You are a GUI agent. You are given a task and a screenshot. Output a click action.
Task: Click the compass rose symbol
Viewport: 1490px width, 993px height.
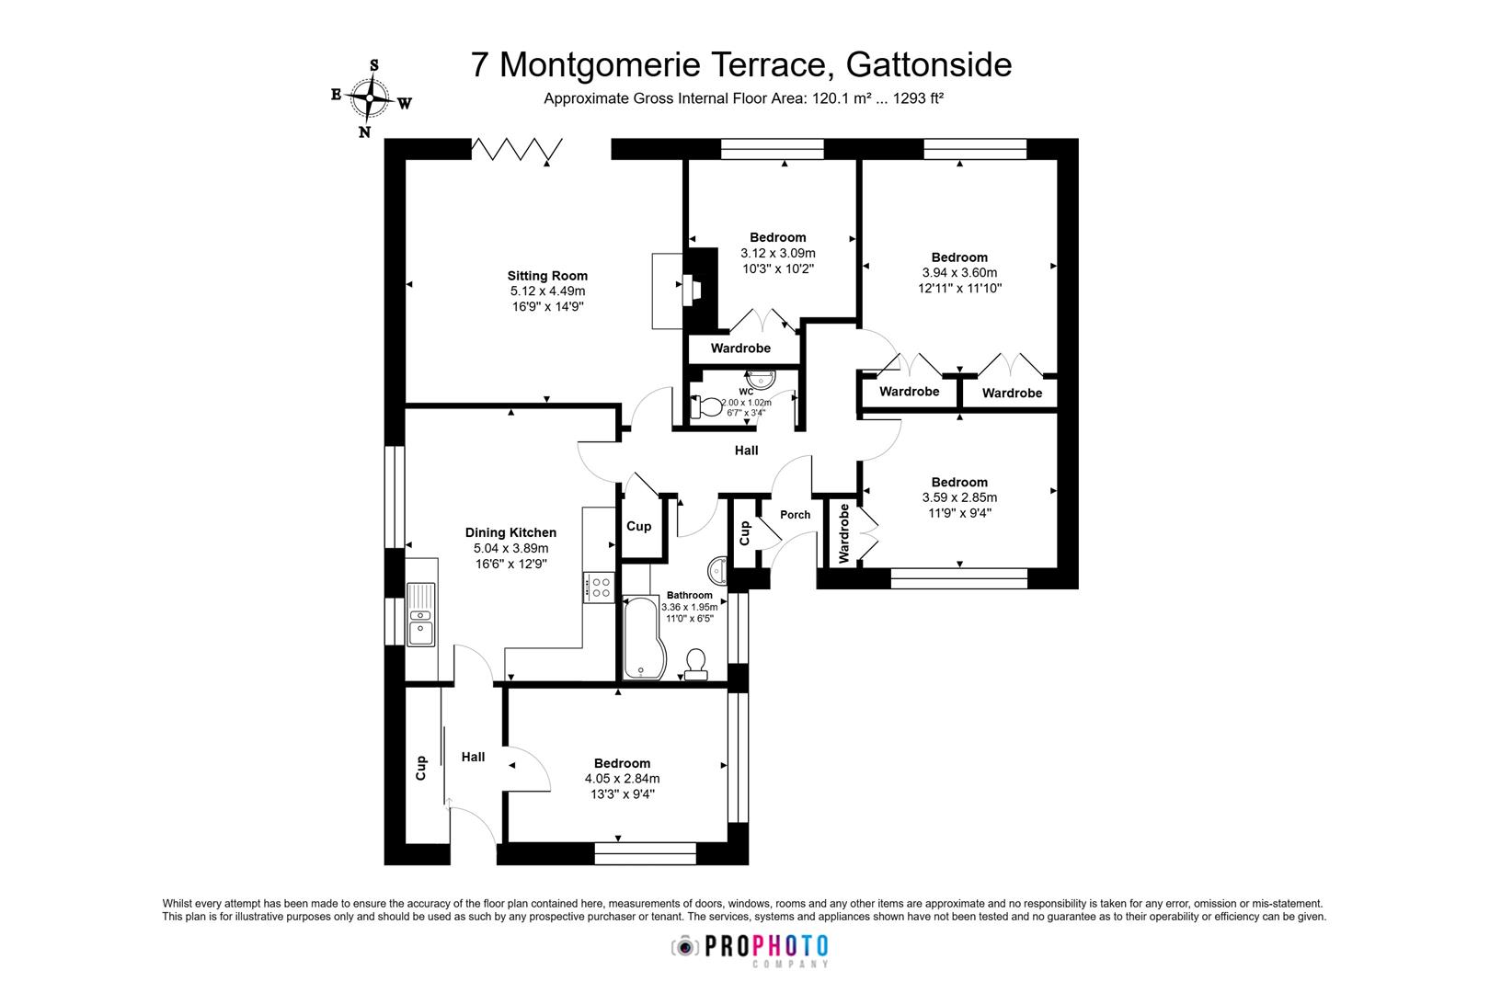[371, 97]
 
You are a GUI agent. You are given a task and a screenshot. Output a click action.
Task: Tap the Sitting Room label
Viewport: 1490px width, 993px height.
[547, 276]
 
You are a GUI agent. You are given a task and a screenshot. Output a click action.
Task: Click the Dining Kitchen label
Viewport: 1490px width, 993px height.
[510, 532]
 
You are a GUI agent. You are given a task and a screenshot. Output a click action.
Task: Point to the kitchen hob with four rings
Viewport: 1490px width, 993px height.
[600, 587]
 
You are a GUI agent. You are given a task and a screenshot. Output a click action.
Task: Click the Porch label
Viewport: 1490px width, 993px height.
[795, 515]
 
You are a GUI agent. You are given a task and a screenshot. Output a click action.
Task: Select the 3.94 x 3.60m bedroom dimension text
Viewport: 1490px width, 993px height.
[959, 273]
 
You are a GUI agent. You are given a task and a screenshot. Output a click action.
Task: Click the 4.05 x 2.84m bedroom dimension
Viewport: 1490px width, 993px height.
[622, 779]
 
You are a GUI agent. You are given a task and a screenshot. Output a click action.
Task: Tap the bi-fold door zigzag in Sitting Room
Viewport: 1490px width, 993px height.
[516, 149]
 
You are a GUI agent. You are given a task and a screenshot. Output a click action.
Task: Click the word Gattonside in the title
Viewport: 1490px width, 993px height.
[928, 64]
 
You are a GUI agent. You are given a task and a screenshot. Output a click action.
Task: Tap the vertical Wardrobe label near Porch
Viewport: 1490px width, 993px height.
[843, 532]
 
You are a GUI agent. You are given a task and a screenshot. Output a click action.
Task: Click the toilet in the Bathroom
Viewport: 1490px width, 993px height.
[696, 663]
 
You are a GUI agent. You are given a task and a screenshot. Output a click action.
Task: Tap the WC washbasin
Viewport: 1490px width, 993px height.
[762, 379]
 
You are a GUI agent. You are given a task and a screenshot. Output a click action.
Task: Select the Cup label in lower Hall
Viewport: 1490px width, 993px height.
[422, 768]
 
